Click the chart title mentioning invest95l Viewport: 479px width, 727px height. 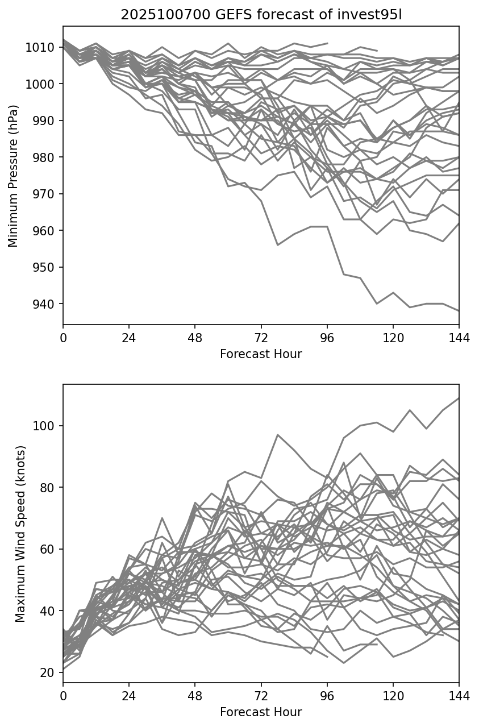261,15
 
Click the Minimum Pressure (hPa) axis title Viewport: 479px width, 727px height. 14,176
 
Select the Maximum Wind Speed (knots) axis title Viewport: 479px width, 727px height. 20,534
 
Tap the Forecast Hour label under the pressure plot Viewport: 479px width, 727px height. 261,354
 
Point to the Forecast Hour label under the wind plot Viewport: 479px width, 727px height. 261,712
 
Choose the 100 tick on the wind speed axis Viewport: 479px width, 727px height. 46,426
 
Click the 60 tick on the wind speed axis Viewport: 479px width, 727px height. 48,549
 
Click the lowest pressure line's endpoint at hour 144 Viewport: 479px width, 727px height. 459,311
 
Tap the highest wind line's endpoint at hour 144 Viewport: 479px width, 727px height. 459,398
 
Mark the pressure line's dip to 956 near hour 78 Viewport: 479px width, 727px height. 277,245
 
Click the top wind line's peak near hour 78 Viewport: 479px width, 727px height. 277,435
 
